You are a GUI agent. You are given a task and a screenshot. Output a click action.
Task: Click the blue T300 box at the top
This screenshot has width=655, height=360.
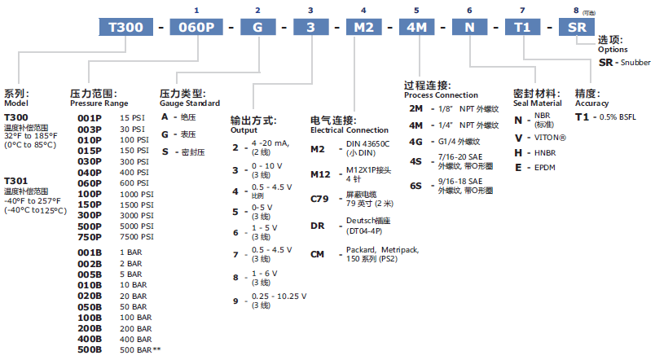(125, 27)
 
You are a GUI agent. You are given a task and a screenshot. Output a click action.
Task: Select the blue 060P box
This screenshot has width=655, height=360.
(196, 27)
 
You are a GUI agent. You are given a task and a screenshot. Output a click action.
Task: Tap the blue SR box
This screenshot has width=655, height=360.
(577, 27)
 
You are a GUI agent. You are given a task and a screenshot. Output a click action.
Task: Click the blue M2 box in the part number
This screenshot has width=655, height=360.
(364, 27)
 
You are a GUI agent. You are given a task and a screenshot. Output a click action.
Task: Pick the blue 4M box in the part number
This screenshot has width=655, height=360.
(417, 27)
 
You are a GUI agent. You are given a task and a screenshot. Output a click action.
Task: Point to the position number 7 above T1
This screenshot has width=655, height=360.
(522, 11)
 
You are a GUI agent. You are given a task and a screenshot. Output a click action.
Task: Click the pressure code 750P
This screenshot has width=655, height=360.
(90, 237)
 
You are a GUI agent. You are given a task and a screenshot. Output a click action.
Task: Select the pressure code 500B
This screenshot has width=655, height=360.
(90, 349)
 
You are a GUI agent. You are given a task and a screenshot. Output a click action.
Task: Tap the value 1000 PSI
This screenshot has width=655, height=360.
(137, 194)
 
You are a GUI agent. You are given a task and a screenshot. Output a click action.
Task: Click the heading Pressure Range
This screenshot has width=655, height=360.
(99, 103)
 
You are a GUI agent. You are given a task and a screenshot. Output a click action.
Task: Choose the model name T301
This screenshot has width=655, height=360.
(15, 181)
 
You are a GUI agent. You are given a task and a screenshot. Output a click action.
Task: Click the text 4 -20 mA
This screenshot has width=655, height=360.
(270, 143)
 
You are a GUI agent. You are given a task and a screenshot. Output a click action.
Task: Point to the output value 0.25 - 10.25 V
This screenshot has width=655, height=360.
(279, 296)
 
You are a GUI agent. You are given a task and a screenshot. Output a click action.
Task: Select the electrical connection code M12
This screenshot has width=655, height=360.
(320, 174)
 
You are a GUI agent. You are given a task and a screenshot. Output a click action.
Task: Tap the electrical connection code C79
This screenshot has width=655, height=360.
(319, 199)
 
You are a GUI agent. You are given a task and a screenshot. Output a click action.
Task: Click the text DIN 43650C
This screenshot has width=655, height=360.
(367, 143)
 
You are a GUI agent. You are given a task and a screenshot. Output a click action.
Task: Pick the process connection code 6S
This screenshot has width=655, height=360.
(415, 186)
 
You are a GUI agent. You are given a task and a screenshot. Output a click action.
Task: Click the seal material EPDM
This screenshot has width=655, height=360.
(545, 168)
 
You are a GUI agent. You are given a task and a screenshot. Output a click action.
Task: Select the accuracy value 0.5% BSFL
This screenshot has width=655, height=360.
(618, 117)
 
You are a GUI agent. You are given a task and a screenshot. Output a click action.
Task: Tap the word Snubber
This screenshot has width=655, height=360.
(635, 62)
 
